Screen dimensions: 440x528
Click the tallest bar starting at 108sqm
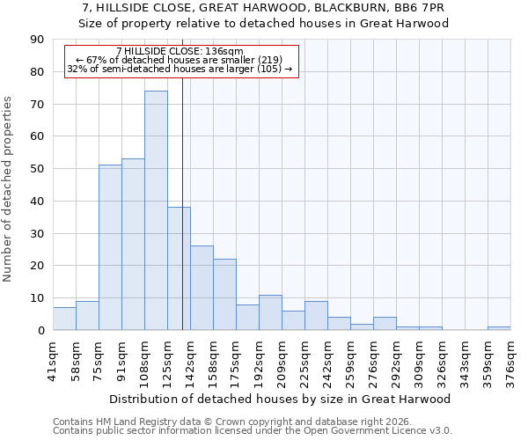(156, 210)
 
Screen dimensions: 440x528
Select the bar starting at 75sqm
(110, 247)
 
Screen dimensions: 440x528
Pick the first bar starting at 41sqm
(64, 319)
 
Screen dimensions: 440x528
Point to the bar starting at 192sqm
(270, 312)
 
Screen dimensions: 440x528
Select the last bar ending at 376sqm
(499, 328)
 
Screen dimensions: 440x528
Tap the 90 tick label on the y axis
(37, 40)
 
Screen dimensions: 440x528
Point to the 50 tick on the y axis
(37, 169)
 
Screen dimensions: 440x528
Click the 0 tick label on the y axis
(40, 330)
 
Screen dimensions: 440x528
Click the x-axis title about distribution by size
(282, 399)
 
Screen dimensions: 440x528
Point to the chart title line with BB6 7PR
(264, 8)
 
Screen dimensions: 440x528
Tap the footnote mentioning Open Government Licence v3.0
(253, 430)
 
